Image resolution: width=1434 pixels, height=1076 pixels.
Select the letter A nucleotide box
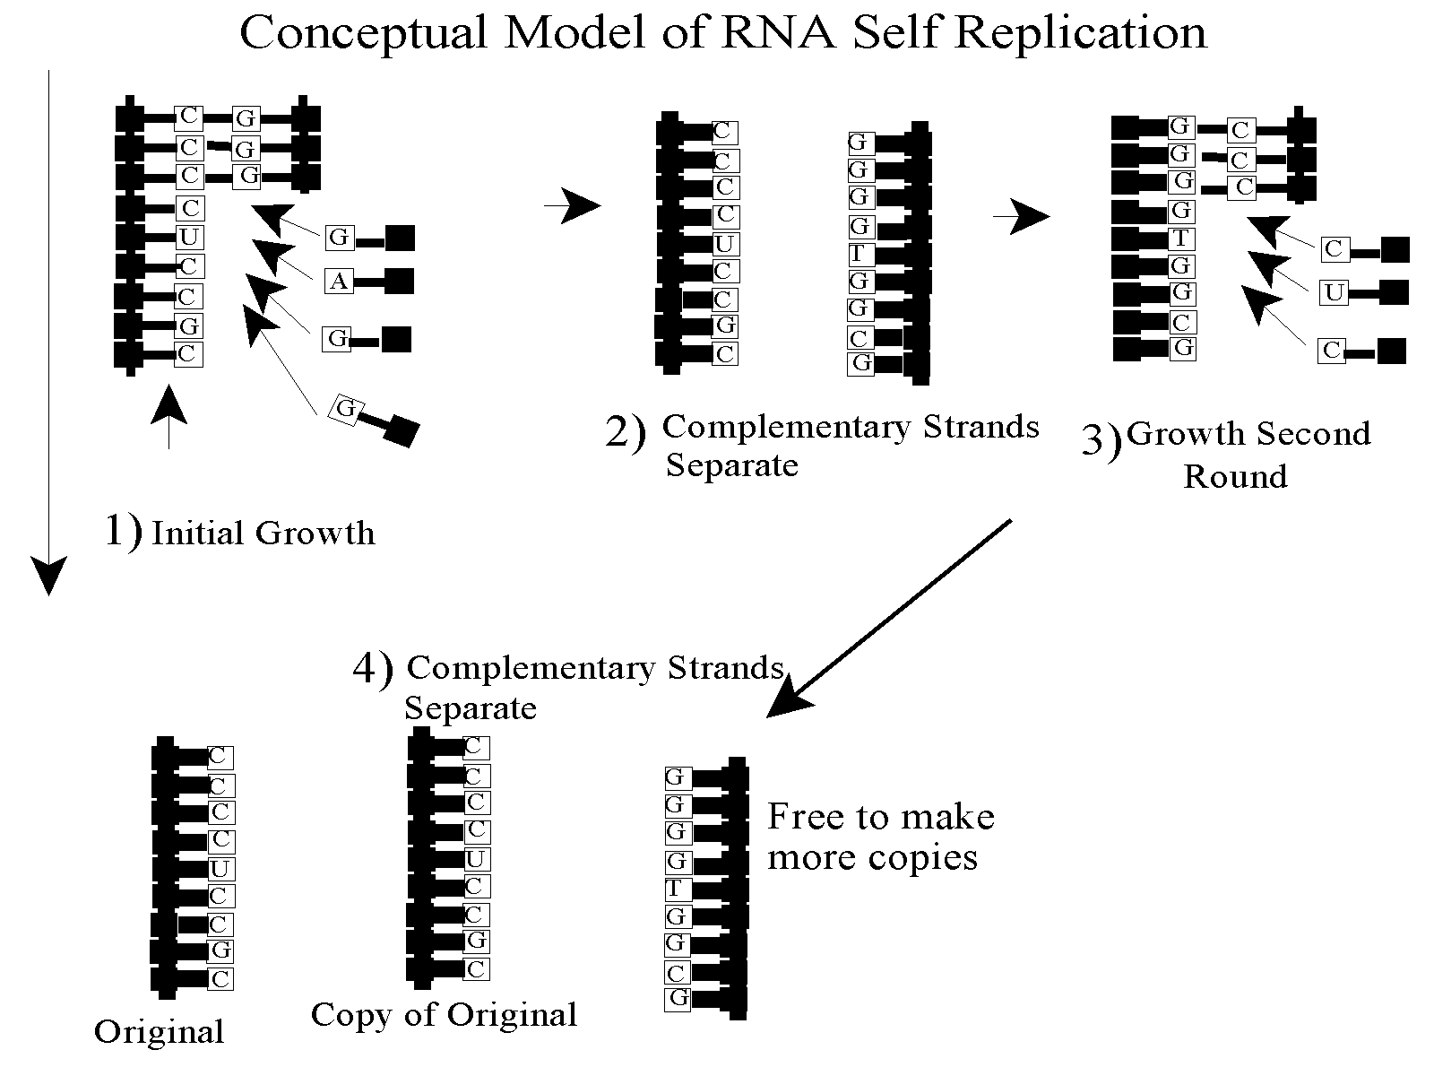(x=338, y=282)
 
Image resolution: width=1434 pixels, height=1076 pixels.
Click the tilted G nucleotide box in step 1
(x=346, y=410)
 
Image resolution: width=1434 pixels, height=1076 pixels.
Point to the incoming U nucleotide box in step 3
(x=1334, y=292)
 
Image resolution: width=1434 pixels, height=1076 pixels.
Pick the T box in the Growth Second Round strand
(x=1181, y=239)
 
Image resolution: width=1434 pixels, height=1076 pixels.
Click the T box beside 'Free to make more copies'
(x=676, y=889)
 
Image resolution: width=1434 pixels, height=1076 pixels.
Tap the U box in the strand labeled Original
(x=220, y=868)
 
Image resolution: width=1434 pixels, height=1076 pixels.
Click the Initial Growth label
(x=263, y=534)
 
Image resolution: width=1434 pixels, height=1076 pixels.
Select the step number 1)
(x=123, y=531)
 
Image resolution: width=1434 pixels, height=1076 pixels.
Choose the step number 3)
(x=1101, y=439)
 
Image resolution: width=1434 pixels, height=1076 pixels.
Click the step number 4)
(x=373, y=669)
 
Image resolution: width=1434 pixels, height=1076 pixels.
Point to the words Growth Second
(x=1248, y=434)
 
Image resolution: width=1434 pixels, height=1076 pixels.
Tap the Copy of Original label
(x=444, y=1015)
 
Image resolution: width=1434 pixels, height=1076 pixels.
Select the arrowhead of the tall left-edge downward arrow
(x=48, y=574)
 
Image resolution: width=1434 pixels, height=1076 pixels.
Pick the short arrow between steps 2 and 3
(x=1021, y=216)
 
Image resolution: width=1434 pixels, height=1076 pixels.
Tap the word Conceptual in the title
(x=364, y=33)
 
